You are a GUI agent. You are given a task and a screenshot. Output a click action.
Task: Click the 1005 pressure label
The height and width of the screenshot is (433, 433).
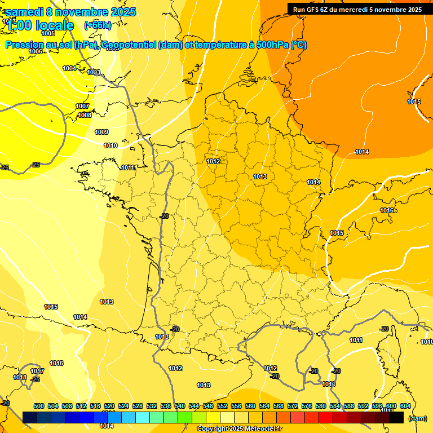pos(48,34)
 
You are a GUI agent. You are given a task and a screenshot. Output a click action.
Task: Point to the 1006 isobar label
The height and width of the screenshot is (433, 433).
pos(36,51)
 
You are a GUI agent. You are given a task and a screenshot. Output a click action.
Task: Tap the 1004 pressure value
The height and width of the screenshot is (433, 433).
pos(69,68)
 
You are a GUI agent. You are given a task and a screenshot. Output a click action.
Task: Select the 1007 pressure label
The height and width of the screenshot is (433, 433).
pos(82,106)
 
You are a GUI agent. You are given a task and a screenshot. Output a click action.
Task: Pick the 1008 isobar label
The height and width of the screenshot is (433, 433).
pos(85,115)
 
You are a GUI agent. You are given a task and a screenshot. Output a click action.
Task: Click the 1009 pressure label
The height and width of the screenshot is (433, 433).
pos(101,132)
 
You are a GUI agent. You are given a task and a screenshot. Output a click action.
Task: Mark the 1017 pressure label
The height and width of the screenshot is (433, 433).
pos(37,371)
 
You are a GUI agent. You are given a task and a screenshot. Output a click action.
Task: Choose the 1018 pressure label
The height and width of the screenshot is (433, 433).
pos(20,377)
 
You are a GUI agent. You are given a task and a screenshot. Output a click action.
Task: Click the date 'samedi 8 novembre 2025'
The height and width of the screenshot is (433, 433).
pos(70,12)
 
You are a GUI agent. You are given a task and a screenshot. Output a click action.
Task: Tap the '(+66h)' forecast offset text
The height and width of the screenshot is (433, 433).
pos(98,25)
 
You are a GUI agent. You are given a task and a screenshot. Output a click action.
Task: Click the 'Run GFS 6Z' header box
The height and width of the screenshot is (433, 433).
pos(357,9)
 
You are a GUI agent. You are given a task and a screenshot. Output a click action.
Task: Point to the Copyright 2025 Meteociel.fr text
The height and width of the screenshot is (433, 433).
pos(240,429)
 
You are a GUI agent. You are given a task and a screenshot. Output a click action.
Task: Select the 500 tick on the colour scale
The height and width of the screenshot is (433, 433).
pos(39,406)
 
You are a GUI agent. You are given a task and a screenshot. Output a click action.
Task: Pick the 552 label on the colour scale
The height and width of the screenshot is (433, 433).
pos(222,406)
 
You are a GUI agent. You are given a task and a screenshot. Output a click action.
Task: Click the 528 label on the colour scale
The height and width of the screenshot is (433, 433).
pos(138,406)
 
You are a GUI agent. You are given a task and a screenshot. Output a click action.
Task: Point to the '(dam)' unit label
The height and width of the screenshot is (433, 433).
pos(417,418)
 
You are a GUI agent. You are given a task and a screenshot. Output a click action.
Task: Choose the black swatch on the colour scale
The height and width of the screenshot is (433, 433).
pos(396,417)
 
